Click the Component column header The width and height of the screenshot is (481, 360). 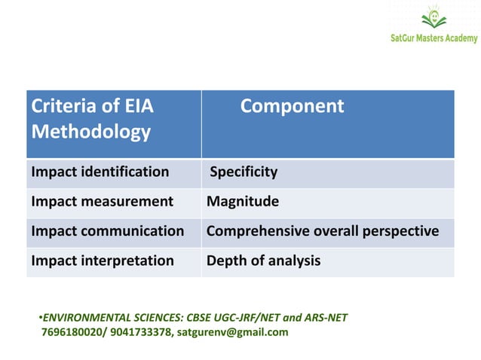(292, 107)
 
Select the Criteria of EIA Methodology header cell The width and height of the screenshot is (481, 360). (91, 120)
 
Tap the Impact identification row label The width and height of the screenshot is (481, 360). (100, 172)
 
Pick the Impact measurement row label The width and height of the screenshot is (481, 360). (102, 202)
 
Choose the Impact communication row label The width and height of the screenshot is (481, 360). (107, 231)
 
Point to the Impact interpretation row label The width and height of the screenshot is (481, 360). (103, 261)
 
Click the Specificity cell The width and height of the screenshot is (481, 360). (244, 172)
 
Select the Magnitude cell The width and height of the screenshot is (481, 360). (243, 202)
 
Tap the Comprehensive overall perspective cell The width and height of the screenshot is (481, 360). (323, 231)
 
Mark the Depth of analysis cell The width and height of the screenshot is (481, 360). (263, 261)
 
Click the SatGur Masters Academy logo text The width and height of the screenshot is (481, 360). (433, 39)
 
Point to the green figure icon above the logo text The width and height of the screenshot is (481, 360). (433, 17)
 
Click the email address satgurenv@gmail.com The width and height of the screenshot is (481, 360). (232, 331)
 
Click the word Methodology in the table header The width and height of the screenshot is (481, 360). (90, 133)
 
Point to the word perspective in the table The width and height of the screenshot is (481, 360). (403, 231)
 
